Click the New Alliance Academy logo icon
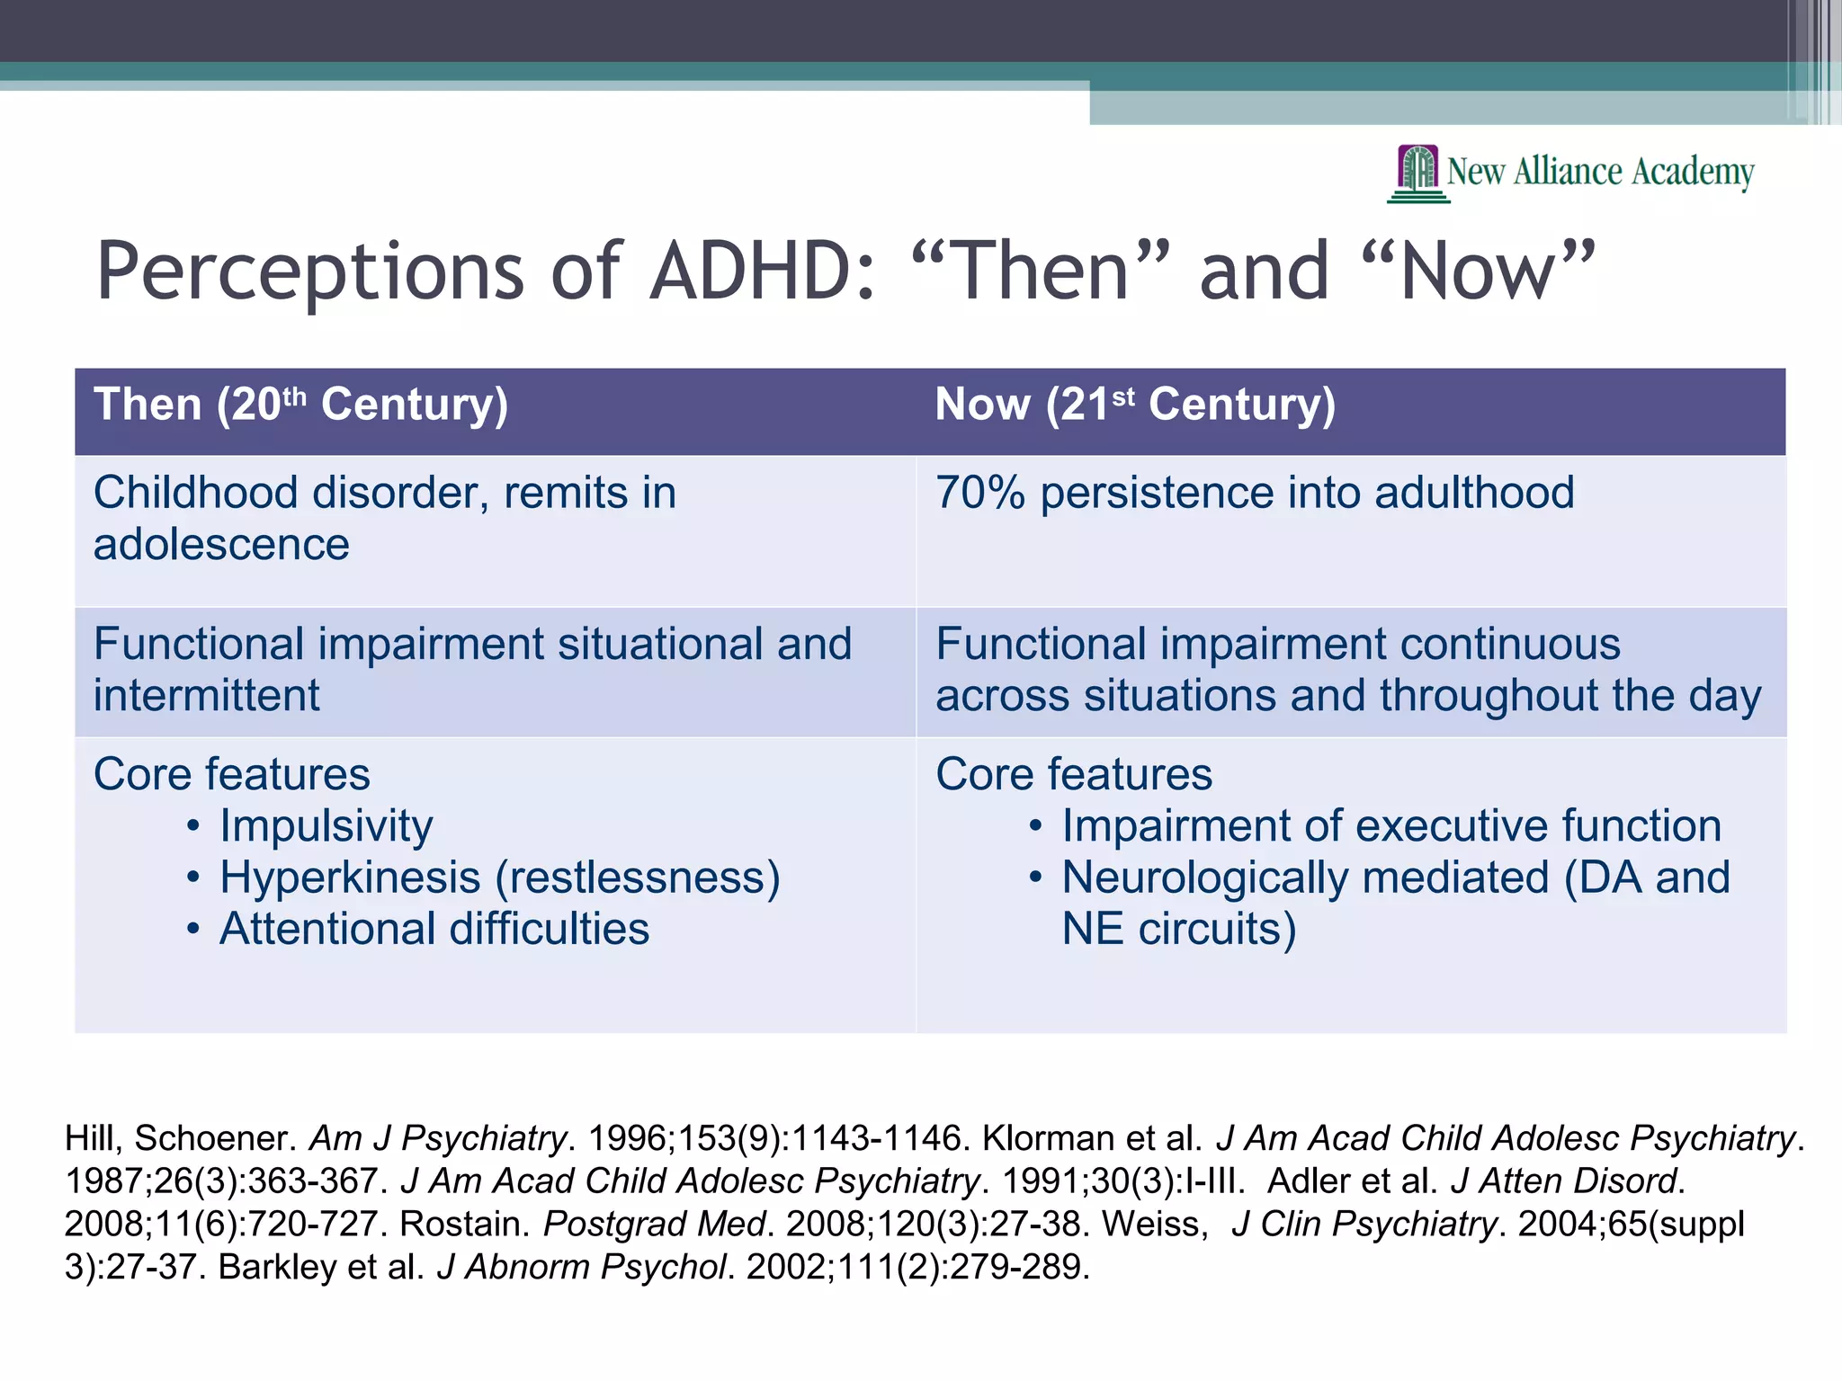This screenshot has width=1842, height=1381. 1418,173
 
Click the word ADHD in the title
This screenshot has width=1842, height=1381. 762,271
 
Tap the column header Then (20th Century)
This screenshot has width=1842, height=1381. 300,405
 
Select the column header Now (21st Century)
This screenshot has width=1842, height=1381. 1135,405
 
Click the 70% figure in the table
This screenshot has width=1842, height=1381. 979,493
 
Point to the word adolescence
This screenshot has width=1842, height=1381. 221,545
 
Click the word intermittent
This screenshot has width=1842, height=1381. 206,696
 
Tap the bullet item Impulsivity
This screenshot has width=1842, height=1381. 326,826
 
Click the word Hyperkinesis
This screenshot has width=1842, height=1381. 350,878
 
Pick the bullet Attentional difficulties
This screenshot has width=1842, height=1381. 434,929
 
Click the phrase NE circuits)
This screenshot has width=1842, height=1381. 1178,929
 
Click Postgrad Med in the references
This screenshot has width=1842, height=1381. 654,1224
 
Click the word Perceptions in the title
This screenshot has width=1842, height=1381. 310,271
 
